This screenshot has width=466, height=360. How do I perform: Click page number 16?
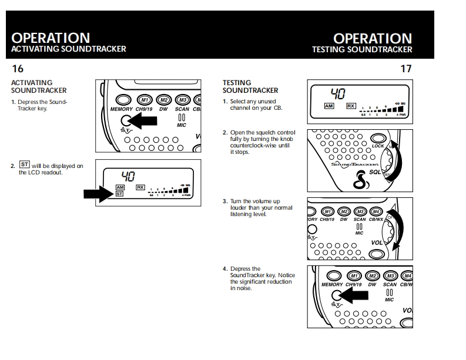point(18,69)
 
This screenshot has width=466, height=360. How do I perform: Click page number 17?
point(405,69)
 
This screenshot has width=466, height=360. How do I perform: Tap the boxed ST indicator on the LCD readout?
point(119,194)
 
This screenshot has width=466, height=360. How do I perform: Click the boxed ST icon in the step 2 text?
point(24,166)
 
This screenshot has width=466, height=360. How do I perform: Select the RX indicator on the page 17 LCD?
point(351,106)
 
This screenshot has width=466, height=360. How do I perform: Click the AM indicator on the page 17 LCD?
point(329,106)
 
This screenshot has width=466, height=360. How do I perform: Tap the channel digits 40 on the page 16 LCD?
point(129,175)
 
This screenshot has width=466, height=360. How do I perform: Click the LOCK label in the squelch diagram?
point(378,146)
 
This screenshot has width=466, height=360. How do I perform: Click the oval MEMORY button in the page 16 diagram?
point(122,100)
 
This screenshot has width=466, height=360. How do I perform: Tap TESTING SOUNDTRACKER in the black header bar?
point(362,50)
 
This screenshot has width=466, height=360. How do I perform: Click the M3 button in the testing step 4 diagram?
point(390,276)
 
